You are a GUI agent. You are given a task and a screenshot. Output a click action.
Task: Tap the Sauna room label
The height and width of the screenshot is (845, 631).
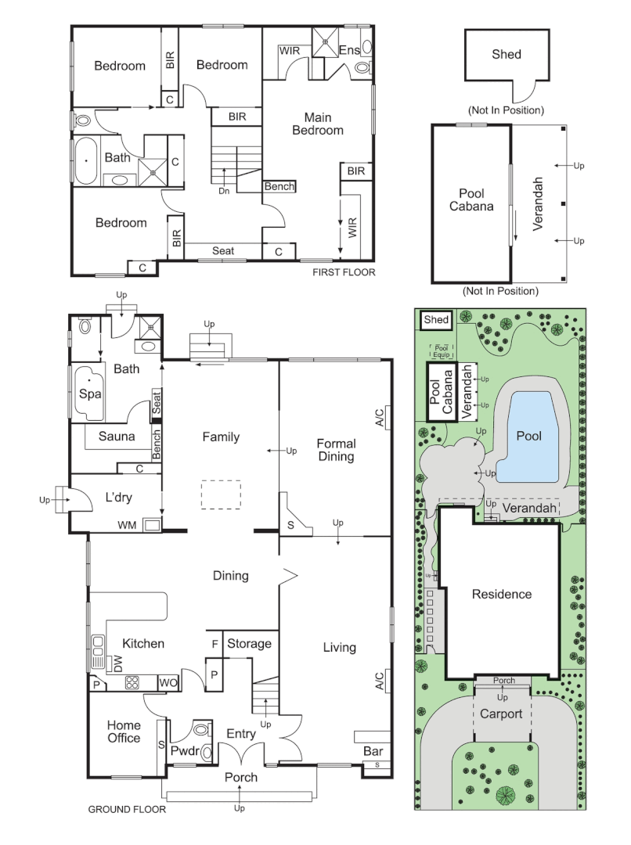pos(117,437)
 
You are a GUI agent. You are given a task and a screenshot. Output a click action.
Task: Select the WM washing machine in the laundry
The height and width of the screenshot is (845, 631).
pos(152,525)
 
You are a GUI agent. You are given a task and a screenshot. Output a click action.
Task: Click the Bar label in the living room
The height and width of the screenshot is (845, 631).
pos(373,752)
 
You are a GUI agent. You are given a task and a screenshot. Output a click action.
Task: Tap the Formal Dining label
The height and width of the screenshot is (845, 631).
pos(336,450)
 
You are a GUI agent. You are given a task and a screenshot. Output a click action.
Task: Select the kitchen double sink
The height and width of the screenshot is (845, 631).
pos(98,646)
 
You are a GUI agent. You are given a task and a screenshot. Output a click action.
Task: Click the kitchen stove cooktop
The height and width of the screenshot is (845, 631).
pos(132,682)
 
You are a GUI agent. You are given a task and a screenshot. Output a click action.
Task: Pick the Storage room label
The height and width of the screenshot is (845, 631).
pos(249,644)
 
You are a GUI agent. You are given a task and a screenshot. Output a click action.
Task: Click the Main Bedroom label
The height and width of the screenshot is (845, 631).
pos(318,124)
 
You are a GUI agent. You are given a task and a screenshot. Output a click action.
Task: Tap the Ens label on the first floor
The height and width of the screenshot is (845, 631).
pos(349,51)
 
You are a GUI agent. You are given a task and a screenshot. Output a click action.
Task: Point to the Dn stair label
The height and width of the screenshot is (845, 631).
pos(224,190)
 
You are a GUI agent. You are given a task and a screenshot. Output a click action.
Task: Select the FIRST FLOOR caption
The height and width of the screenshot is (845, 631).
pos(344,273)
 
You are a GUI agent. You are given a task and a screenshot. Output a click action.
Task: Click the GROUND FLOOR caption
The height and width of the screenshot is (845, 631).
pos(126,810)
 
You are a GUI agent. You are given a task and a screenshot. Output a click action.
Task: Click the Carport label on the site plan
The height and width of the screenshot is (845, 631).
pos(501,714)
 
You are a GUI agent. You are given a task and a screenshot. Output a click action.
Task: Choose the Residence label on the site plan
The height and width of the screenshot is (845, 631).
pos(501,595)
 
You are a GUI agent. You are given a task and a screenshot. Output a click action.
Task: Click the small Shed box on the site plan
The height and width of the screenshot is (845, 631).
pos(434,320)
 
